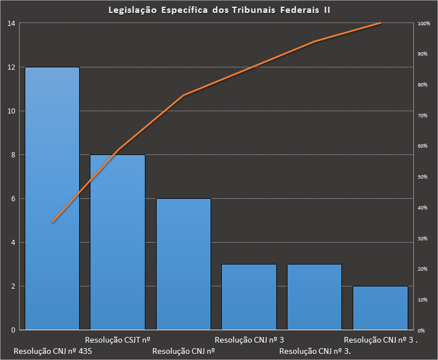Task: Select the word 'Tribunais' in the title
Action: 255,11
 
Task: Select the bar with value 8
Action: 117,241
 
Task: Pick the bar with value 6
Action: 183,263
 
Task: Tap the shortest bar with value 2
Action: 380,308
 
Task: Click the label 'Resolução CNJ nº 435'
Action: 52,351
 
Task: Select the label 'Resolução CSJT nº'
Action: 117,340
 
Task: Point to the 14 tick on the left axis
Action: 11,24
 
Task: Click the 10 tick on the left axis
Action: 11,111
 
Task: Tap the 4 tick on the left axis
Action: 13,243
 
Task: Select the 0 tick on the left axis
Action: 13,330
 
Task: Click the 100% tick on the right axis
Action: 424,24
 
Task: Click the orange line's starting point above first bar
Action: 52,222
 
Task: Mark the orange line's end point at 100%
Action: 380,23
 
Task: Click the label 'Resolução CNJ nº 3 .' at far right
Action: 381,340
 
